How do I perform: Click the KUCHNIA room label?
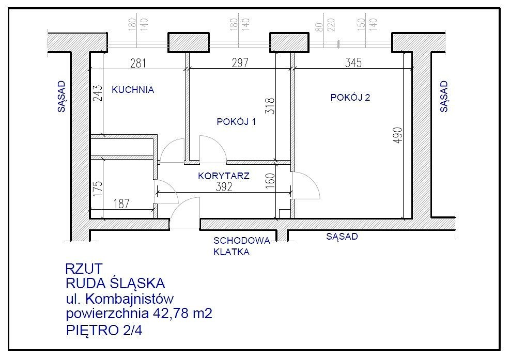point(133,90)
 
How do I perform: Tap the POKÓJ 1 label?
point(236,121)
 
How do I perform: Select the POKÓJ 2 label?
point(350,97)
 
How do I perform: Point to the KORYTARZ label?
point(224,176)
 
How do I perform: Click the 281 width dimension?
point(138,63)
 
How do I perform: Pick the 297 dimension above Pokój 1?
point(240,63)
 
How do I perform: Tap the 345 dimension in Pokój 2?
point(353,62)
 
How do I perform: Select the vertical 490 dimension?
point(398,135)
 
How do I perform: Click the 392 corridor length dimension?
point(224,186)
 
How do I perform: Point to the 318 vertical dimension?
point(270,106)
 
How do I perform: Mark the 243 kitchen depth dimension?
point(98,93)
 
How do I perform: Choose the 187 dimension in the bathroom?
point(121,204)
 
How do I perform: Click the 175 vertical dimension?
point(98,188)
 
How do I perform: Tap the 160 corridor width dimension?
point(270,181)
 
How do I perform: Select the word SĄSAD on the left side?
point(61,97)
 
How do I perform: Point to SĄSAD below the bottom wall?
point(342,237)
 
